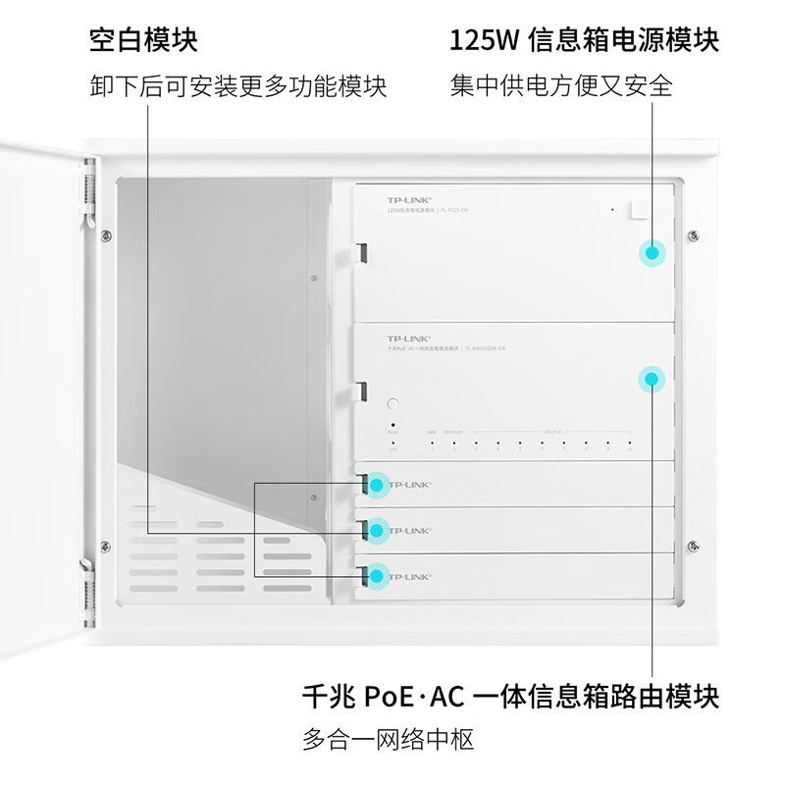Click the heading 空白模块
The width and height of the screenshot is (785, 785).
pos(143,40)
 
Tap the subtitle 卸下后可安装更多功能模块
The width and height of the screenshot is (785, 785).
pos(238,86)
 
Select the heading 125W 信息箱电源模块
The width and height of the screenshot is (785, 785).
pos(584,40)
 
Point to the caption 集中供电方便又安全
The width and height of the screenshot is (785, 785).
pos(561,86)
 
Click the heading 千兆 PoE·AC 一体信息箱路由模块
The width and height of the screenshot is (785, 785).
pos(510,697)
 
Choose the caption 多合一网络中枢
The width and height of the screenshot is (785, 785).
pos(389,739)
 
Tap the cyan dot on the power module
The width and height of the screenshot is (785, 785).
pos(651,251)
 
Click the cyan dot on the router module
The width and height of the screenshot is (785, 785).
pos(651,378)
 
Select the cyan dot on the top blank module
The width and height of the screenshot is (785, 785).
pos(375,484)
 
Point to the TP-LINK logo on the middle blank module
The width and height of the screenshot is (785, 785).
pos(410,531)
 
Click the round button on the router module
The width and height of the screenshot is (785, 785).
pos(392,404)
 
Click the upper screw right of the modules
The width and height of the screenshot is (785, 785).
pos(693,235)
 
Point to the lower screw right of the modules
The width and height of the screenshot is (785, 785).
pos(693,545)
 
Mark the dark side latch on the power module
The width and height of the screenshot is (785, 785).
pos(361,252)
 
